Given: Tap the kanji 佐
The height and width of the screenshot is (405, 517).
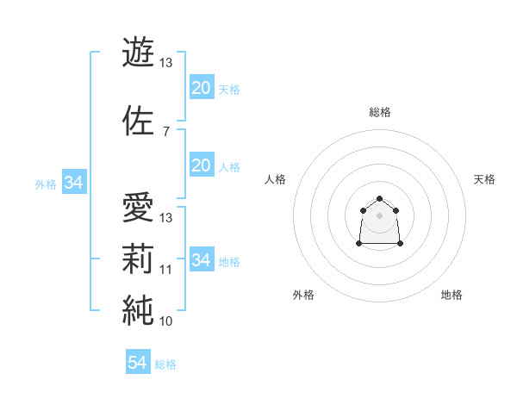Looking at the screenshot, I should coord(139,120).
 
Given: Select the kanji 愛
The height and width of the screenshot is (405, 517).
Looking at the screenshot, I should coord(139,207).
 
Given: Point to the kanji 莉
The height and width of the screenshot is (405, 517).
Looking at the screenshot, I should coord(139,259).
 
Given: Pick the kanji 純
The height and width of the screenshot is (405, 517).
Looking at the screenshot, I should coord(139,309).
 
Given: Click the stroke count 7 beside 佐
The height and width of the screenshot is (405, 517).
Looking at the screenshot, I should coord(165,131).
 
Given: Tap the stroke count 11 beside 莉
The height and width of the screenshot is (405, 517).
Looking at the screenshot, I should coord(166,269).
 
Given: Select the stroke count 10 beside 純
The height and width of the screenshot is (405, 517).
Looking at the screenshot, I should coord(166,321).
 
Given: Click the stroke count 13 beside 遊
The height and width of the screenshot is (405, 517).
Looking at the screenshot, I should coord(166,63).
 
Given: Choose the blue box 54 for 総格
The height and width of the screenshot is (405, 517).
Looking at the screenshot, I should coord(138,363).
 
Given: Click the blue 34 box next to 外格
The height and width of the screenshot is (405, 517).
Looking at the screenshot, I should coord(74,183).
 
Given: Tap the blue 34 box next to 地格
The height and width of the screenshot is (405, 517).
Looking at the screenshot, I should coord(201,260).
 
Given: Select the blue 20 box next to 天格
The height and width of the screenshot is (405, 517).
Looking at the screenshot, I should coord(201,88).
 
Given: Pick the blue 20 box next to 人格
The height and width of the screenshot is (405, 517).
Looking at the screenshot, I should coord(201,165).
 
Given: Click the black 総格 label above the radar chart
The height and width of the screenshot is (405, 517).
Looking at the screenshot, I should coord(380,112).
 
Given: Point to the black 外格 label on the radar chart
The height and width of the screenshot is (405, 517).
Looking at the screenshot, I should coord(303,295).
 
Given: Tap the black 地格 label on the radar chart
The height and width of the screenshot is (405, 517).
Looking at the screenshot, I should coord(452,295).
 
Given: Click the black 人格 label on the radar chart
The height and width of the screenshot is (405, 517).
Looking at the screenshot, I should coord(276,179).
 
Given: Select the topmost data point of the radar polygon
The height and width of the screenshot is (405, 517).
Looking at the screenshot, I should coord(379,198).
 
